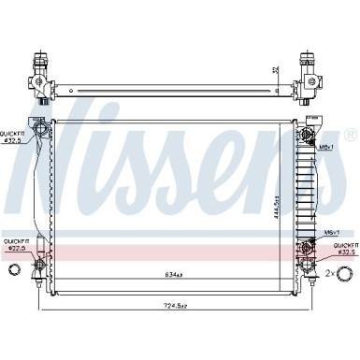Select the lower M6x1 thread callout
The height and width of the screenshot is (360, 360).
pos(331,233)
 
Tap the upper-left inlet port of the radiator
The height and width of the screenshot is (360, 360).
pos(38,130)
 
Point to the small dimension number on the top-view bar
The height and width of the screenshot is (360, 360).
pos(274,70)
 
